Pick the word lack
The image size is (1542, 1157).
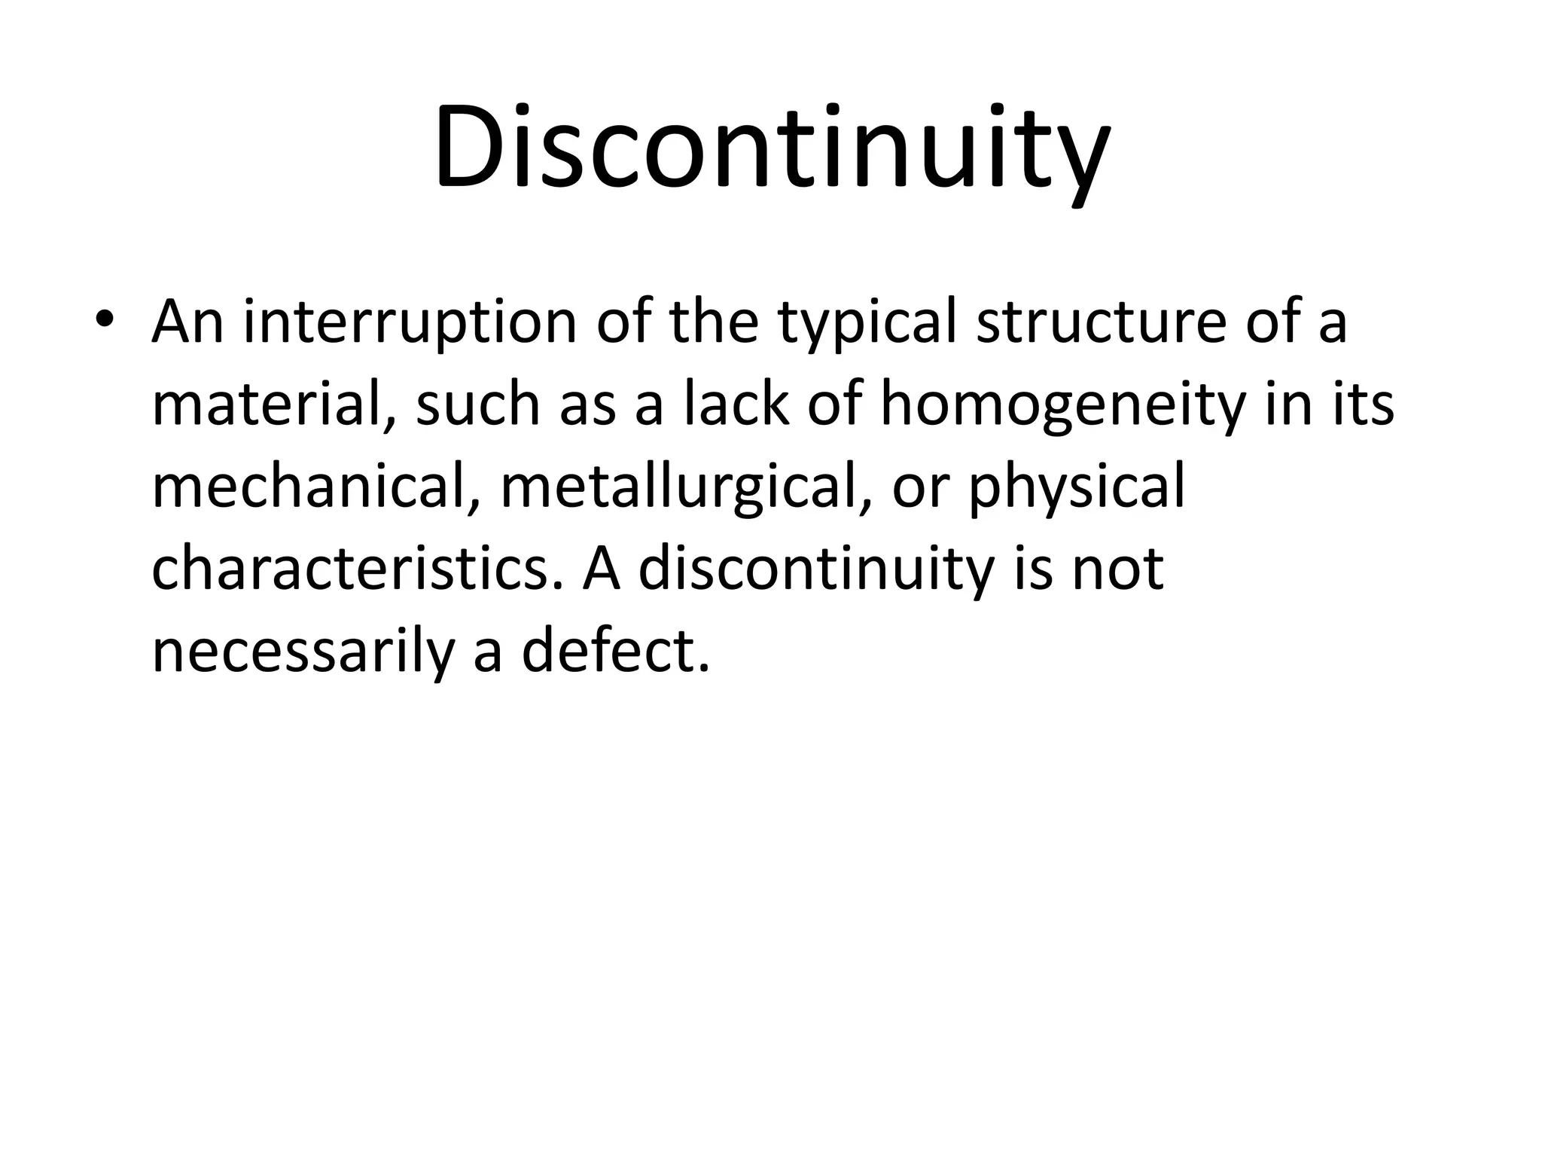[x=736, y=404]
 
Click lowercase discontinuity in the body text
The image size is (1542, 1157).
[x=815, y=569]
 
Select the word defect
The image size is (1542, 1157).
[x=615, y=651]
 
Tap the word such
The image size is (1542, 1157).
[x=477, y=405]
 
